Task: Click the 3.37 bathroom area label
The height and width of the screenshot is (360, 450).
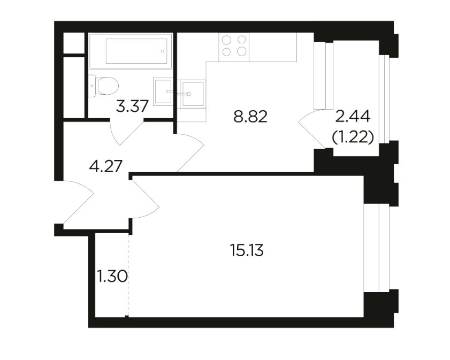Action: [x=132, y=106]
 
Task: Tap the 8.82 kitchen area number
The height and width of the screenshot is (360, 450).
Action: [x=250, y=117]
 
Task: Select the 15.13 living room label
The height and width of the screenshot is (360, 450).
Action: [x=247, y=251]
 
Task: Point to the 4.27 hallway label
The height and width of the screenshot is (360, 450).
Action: [x=106, y=166]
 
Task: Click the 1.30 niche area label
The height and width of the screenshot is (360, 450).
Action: [x=112, y=277]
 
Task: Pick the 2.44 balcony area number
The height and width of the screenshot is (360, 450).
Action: [x=353, y=117]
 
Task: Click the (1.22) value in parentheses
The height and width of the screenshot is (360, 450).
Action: [x=353, y=137]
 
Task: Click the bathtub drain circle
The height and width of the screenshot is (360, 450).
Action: [x=163, y=51]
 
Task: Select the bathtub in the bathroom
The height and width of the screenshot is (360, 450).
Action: [x=131, y=51]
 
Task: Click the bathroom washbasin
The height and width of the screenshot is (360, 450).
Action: [x=163, y=91]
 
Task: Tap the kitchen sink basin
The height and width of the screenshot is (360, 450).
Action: [x=193, y=94]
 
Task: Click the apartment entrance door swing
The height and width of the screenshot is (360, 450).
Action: [x=78, y=202]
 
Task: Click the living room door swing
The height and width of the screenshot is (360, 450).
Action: [x=146, y=197]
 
